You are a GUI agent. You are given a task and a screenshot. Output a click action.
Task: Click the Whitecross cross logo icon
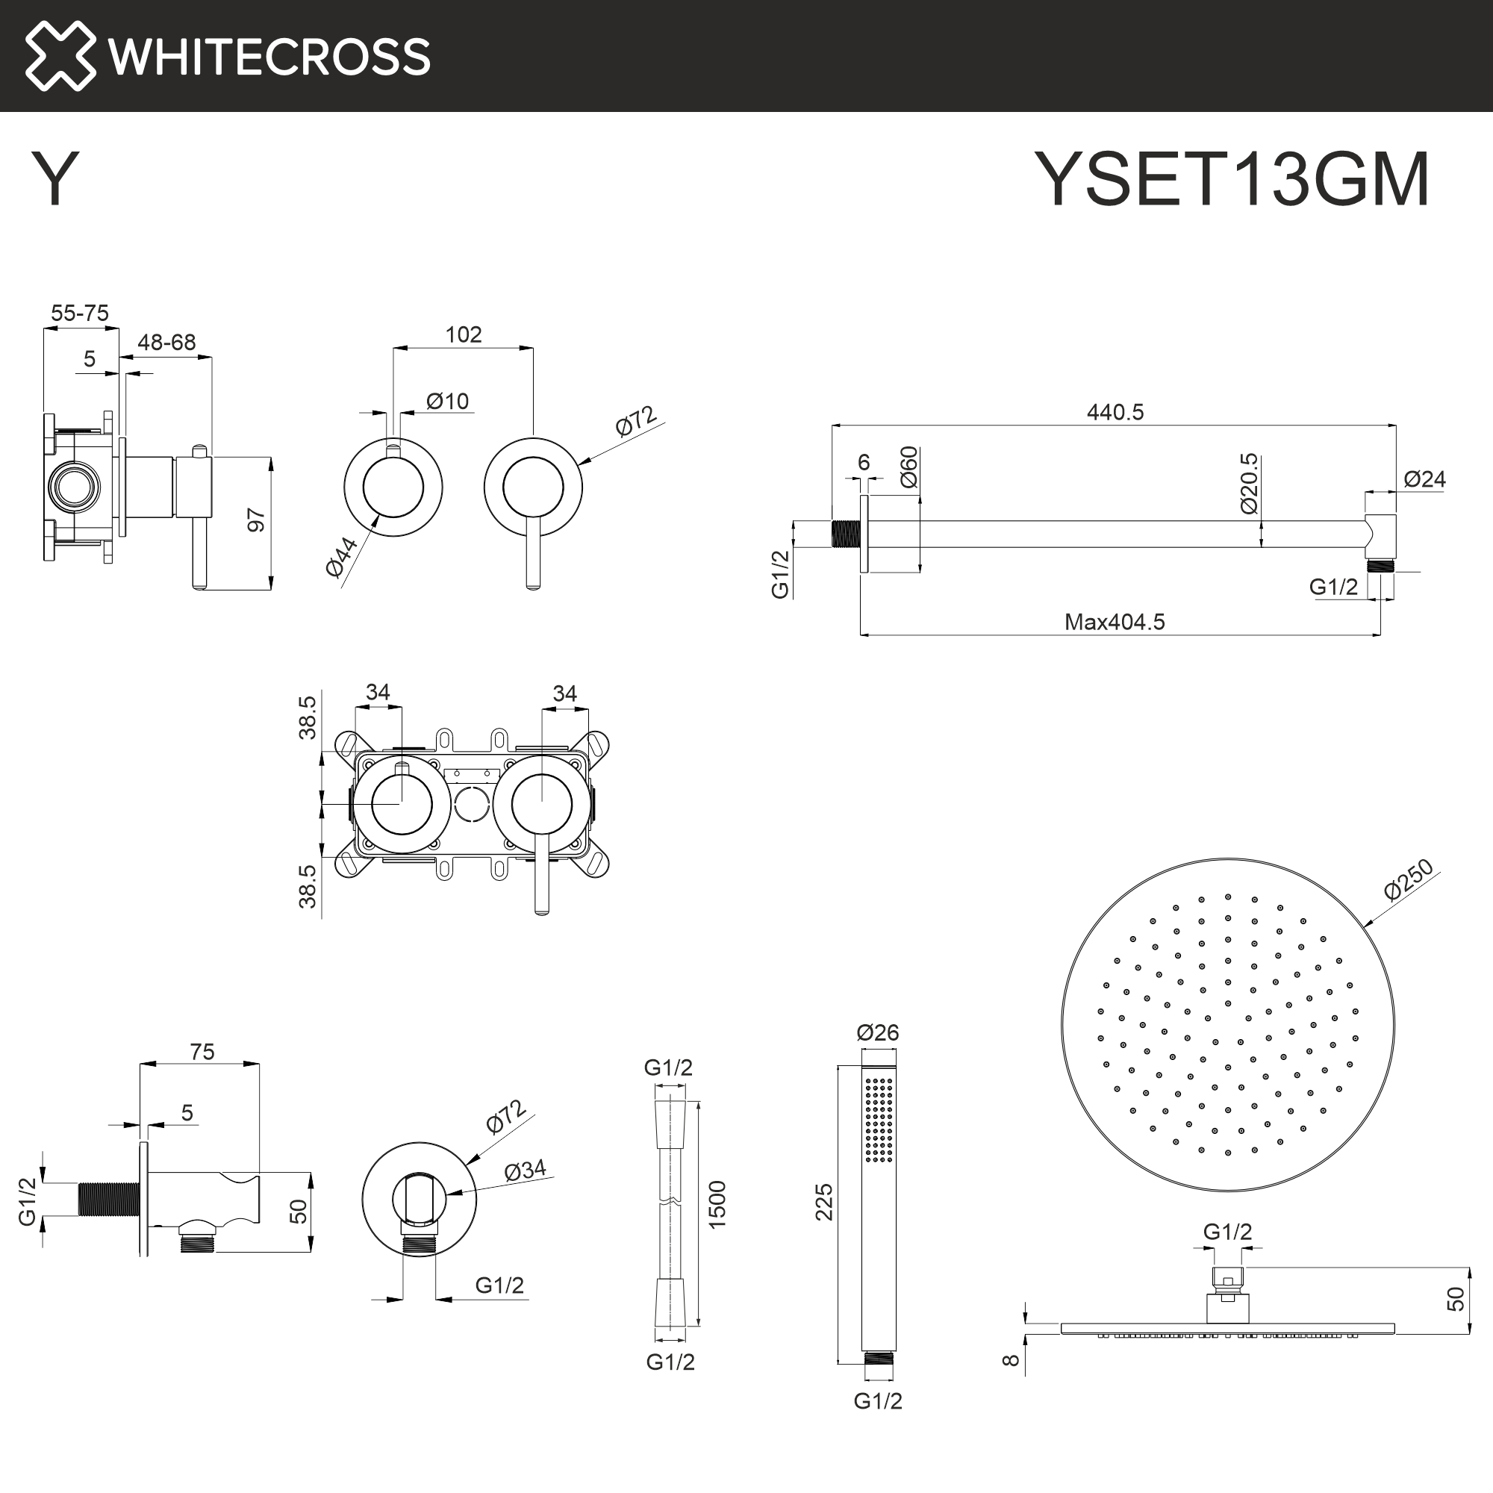coord(60,56)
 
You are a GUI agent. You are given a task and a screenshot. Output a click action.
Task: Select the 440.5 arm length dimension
coord(1115,412)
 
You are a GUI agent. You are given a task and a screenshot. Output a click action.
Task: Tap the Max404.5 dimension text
coord(1115,622)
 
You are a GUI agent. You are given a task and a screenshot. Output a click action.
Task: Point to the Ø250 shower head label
coord(1409,880)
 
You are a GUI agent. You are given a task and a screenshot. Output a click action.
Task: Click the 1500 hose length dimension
coord(717,1205)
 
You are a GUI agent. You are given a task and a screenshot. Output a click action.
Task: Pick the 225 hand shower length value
coord(825,1202)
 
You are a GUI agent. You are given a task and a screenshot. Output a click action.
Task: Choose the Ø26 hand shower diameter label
coord(878,1032)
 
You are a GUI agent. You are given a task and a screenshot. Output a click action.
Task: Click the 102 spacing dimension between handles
coord(463,334)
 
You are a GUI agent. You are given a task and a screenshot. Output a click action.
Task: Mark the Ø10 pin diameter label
coord(447,401)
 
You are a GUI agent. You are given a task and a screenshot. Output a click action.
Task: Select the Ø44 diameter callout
coord(342,556)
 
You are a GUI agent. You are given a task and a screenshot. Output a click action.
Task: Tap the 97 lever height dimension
coord(256,520)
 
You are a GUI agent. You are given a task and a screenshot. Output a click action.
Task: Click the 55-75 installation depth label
coord(80,313)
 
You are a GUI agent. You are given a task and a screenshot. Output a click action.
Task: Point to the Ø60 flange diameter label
coord(908,467)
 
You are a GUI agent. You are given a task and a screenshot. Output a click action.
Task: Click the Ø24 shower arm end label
coord(1424,479)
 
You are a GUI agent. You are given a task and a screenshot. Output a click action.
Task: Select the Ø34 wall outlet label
coord(525,1170)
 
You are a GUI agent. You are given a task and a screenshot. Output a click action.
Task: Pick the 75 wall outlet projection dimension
coord(202,1052)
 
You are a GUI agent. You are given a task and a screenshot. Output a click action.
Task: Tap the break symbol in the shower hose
coord(669,1202)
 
